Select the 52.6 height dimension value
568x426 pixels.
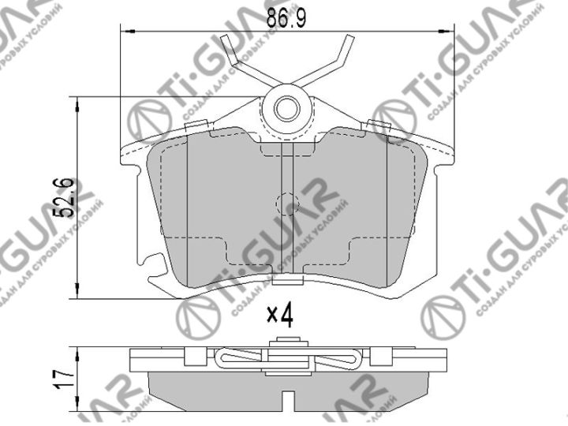click(x=68, y=197)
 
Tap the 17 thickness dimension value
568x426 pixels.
click(x=67, y=372)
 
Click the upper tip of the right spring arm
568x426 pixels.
click(x=346, y=41)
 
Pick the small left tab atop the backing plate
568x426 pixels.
click(x=200, y=124)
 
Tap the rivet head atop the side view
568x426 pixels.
click(x=286, y=342)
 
